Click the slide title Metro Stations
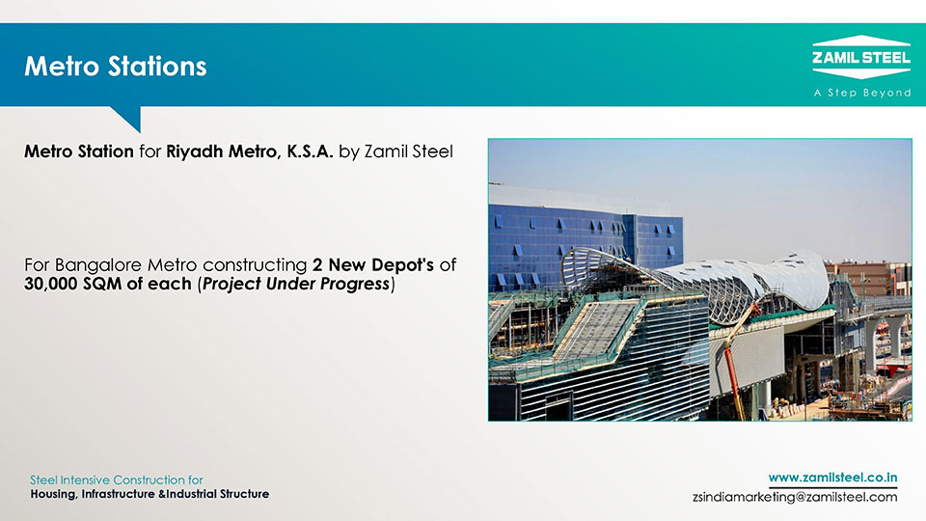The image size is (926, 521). [116, 67]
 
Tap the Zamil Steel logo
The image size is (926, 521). [861, 57]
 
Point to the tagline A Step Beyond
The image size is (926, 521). [862, 93]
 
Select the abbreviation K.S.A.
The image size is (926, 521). [310, 151]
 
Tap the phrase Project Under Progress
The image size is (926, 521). [296, 284]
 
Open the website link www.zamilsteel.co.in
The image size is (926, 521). [832, 478]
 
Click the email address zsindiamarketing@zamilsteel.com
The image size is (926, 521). [795, 498]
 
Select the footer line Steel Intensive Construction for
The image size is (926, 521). [117, 480]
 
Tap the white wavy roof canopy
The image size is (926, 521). [696, 278]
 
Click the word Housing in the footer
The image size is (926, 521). [53, 494]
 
